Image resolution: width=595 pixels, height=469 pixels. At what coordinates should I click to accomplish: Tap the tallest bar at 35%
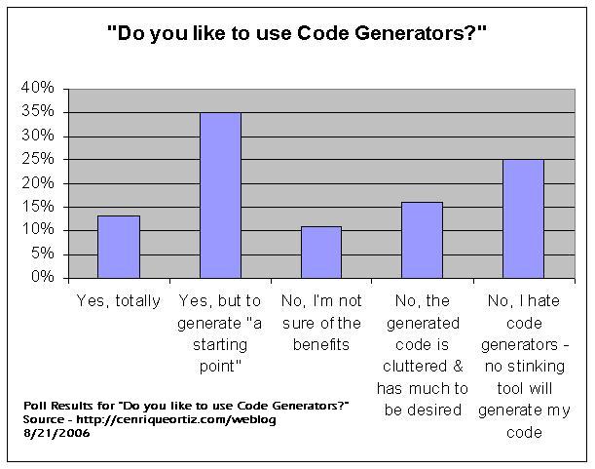(x=220, y=195)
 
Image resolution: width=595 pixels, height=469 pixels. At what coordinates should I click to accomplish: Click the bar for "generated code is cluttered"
(x=422, y=240)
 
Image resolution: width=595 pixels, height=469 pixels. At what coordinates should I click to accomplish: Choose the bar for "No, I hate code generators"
(x=523, y=218)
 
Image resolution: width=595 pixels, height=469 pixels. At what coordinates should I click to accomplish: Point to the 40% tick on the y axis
(x=41, y=89)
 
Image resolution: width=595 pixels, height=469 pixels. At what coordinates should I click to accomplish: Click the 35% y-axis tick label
(x=41, y=112)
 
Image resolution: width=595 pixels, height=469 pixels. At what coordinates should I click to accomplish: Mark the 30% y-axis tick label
(x=41, y=136)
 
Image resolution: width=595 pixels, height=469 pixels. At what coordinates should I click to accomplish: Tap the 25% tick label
(x=41, y=160)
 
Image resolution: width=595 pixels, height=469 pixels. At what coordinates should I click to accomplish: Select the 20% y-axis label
(x=41, y=183)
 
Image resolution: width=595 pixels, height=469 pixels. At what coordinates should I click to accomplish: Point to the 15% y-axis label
(x=41, y=207)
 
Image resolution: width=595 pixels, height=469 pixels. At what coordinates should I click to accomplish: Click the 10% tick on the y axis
(x=41, y=230)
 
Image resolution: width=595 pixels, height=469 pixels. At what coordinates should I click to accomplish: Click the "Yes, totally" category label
(x=118, y=301)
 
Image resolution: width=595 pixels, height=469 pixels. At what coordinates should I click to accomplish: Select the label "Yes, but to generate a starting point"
(x=220, y=323)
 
